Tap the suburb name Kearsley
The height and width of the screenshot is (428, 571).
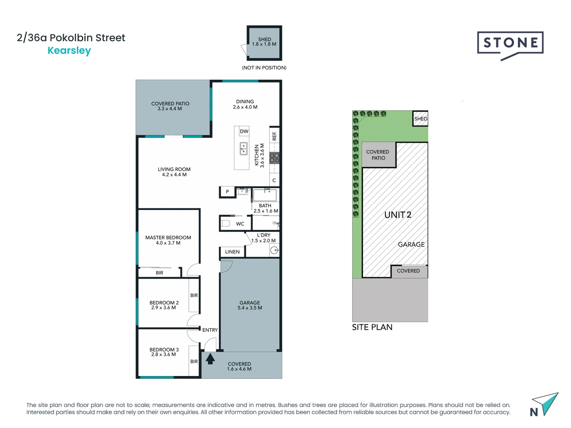(x=69, y=51)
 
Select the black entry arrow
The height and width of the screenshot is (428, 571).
(x=210, y=359)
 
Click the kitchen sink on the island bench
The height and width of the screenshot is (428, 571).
(x=243, y=149)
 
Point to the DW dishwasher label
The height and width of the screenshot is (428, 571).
(x=244, y=131)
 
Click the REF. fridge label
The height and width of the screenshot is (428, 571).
(x=274, y=136)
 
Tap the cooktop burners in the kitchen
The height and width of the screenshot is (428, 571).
(x=274, y=158)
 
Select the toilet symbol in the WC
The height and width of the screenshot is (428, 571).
(x=225, y=224)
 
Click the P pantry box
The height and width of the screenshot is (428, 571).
(x=227, y=192)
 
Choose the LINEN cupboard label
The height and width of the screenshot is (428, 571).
(x=232, y=252)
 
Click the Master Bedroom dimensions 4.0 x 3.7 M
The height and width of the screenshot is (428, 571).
(x=168, y=243)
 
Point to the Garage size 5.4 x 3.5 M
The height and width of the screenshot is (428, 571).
(x=250, y=308)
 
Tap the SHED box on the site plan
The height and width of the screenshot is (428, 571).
(x=420, y=118)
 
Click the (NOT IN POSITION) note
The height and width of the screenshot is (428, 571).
(x=264, y=68)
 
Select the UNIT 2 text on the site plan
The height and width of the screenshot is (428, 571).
(x=398, y=215)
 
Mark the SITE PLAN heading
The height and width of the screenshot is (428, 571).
(x=372, y=327)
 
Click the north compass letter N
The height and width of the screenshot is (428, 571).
(x=534, y=412)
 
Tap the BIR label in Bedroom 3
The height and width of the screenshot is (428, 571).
(x=194, y=361)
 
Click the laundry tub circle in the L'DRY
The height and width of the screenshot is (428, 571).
(x=274, y=250)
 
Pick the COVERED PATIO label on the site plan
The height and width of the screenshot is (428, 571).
(x=378, y=155)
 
